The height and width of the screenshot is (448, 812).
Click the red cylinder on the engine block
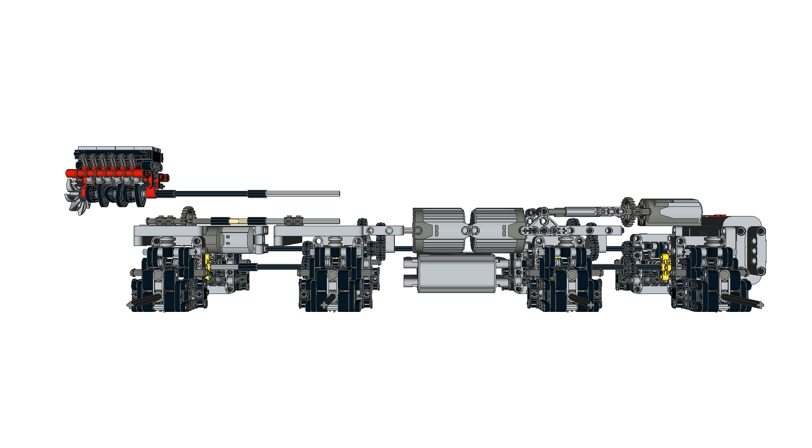[107, 173]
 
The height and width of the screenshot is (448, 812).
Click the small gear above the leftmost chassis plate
[188, 216]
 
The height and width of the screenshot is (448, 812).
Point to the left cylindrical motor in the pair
[438, 230]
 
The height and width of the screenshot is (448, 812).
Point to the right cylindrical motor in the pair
[497, 230]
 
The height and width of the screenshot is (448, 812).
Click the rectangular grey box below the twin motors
[455, 274]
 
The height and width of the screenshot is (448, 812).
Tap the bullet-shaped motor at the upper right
[671, 211]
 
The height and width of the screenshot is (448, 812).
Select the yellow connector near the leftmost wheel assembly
[208, 264]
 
